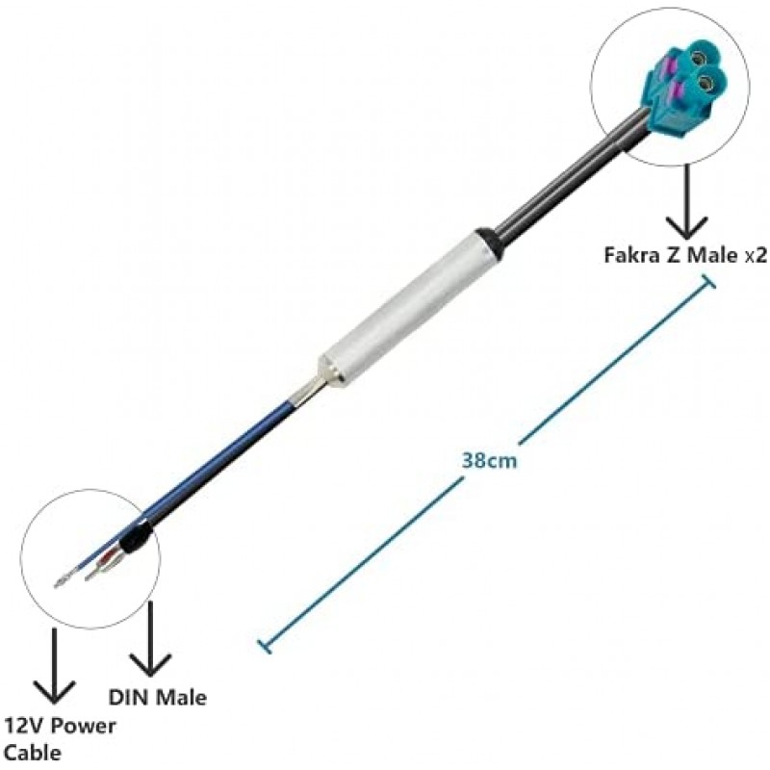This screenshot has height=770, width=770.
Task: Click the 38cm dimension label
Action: click(x=489, y=461)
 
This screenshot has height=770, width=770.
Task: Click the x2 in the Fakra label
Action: click(x=756, y=256)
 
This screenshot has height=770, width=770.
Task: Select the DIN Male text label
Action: click(x=158, y=698)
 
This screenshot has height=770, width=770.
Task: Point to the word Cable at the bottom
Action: click(x=33, y=753)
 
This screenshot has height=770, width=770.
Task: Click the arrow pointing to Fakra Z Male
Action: click(x=686, y=201)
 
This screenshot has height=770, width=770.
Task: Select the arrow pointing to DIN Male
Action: click(x=150, y=639)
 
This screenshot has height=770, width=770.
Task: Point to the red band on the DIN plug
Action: click(x=106, y=561)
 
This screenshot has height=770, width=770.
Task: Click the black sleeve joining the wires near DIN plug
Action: click(x=134, y=537)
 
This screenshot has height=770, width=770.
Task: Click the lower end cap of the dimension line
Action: click(x=264, y=646)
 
